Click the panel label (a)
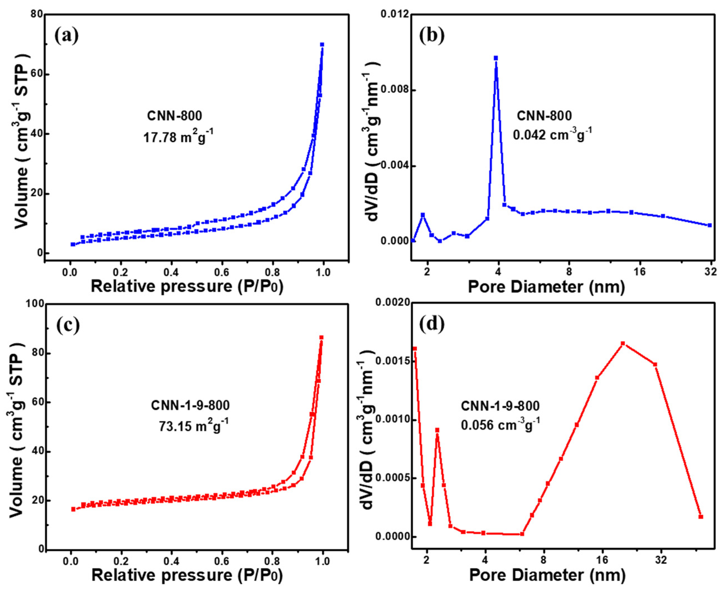[x=66, y=35]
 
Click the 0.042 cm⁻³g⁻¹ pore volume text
[x=552, y=134]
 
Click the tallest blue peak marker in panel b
[x=496, y=58]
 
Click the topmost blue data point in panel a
[x=322, y=44]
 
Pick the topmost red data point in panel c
[x=321, y=338]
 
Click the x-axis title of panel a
[x=187, y=286]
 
